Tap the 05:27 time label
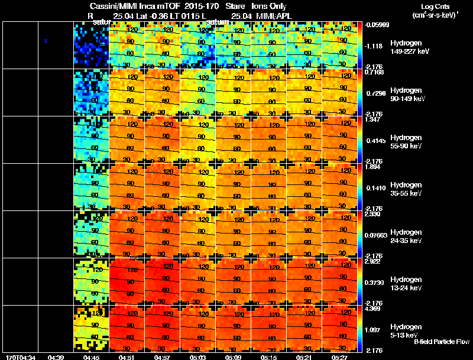click(x=339, y=357)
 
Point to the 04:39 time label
click(x=56, y=357)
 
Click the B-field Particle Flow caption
click(x=441, y=342)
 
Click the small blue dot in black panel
click(x=46, y=40)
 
